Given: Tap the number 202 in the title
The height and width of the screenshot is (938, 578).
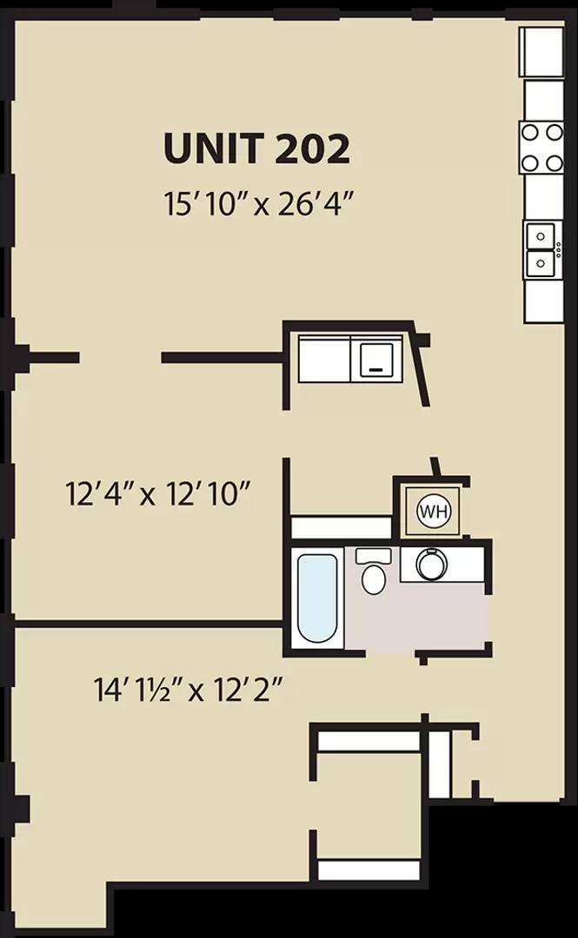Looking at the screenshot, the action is (312, 149).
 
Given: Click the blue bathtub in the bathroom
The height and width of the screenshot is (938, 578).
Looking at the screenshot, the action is (317, 598).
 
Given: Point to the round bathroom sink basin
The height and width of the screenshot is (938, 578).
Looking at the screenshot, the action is (432, 565).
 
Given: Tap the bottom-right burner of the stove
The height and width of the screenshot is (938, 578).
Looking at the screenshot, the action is (555, 162).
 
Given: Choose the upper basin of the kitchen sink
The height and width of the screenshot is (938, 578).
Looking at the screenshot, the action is (540, 235).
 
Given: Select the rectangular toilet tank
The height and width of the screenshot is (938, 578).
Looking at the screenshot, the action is (373, 556).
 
